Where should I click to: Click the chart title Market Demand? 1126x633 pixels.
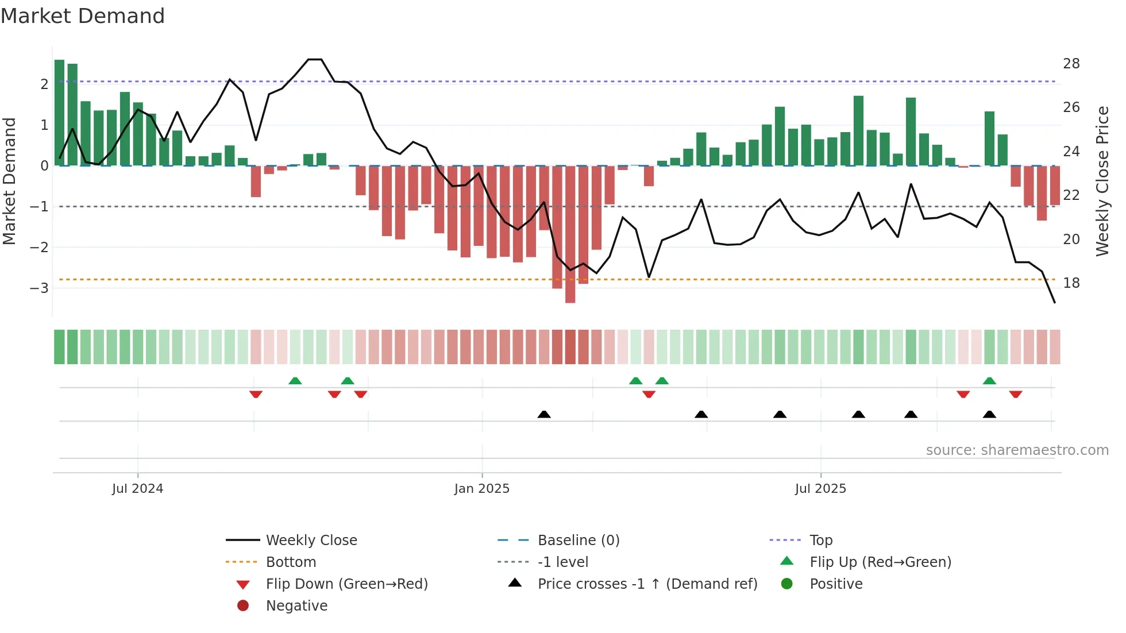83,16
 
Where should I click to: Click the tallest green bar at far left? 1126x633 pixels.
59,113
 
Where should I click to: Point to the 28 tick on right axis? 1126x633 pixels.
1071,64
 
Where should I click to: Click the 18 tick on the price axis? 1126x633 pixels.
1071,283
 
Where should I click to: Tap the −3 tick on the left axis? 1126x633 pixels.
39,288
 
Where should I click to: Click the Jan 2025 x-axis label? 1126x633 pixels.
481,489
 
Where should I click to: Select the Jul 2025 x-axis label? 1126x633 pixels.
820,489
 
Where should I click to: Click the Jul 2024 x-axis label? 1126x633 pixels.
138,489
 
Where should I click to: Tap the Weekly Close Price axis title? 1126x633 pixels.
1102,181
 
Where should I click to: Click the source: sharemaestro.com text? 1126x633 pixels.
1017,450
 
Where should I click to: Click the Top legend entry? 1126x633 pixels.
821,541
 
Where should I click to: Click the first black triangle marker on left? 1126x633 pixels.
544,414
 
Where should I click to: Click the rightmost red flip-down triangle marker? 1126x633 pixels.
1015,395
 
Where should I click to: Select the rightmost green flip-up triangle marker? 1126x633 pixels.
989,381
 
